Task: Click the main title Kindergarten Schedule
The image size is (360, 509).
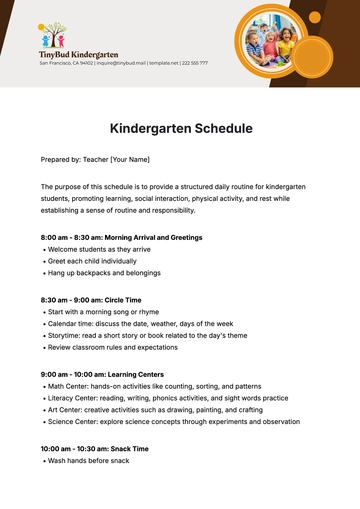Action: coord(180,129)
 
